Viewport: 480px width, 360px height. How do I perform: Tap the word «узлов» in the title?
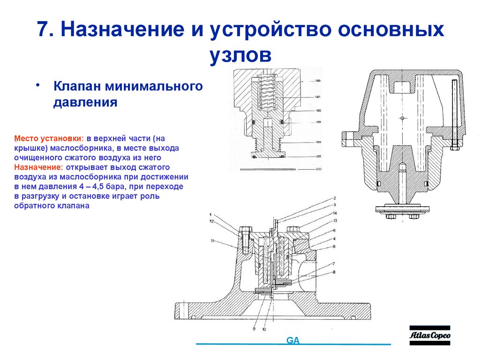(x=240, y=55)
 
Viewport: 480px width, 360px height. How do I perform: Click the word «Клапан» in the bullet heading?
(x=77, y=87)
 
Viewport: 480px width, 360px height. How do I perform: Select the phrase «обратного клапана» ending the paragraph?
(x=51, y=205)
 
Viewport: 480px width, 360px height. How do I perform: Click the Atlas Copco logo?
(x=429, y=335)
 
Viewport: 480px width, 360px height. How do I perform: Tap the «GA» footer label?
(x=293, y=340)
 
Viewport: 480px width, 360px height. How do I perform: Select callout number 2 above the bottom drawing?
(x=335, y=198)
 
